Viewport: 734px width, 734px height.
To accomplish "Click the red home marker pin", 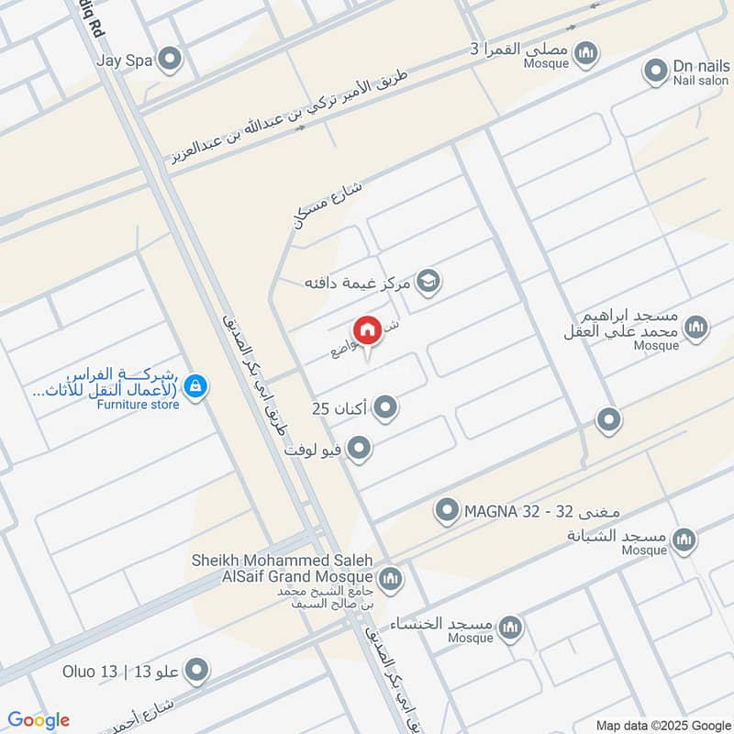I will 367,330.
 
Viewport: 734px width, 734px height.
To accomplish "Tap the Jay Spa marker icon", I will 169,61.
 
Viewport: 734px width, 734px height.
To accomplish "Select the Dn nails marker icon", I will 655,70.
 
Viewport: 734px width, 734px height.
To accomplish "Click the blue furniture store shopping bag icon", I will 195,388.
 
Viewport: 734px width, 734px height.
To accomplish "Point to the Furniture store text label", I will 139,405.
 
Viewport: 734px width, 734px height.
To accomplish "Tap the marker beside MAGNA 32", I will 447,509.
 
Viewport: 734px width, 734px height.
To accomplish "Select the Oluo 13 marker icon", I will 195,671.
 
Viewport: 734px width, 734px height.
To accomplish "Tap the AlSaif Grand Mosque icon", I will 390,578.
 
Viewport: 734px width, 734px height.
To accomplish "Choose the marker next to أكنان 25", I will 386,407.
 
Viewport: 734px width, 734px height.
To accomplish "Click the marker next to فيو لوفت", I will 360,449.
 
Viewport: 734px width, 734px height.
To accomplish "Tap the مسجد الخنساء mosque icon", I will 511,628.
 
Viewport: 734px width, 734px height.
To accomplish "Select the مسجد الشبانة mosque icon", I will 683,540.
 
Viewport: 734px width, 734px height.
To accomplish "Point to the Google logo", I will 39,720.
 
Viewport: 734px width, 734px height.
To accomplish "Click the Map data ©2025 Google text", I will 676,726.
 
